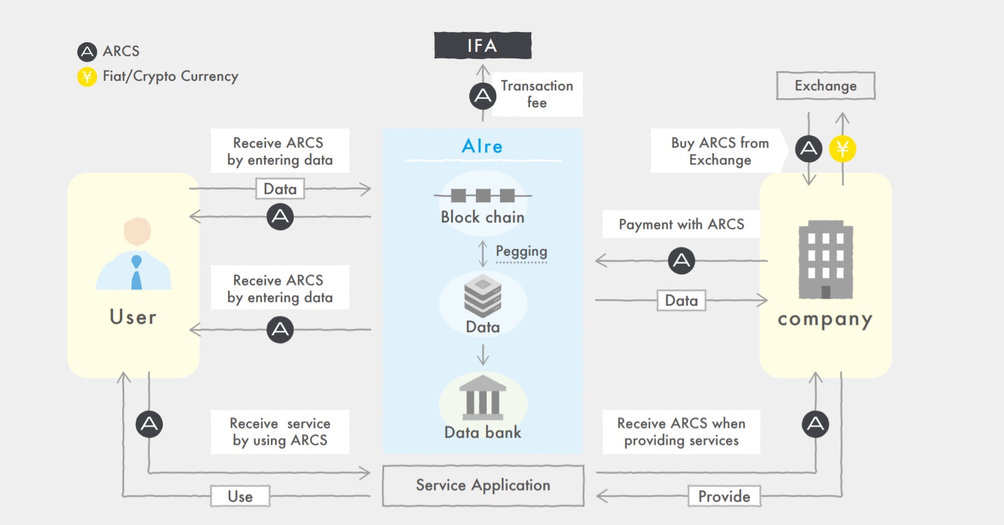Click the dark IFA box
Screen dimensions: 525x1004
point(482,46)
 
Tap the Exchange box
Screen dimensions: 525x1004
point(826,86)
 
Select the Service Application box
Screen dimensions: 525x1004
point(483,485)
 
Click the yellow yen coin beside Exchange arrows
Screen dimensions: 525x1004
point(842,149)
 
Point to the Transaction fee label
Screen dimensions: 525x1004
point(537,94)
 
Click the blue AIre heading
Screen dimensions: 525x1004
point(482,146)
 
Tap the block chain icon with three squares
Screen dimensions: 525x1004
point(482,195)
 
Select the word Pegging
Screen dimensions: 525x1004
point(522,251)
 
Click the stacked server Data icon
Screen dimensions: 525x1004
point(482,296)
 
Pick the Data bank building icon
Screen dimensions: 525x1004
point(482,397)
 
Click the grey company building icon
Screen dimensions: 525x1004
point(826,260)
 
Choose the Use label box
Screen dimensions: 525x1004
point(240,496)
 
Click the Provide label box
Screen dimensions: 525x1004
point(724,496)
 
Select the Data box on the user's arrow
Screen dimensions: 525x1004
point(280,189)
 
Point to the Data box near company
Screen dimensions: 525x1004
point(681,300)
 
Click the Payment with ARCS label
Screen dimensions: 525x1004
point(681,224)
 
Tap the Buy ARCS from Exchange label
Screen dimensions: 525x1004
point(720,151)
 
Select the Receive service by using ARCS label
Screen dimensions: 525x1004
point(280,432)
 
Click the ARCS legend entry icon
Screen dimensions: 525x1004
point(87,52)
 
